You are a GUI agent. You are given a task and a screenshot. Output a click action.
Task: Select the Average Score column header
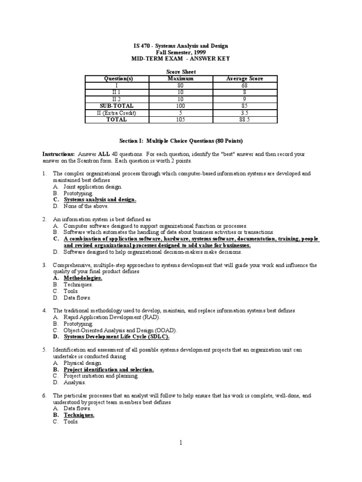(x=245, y=79)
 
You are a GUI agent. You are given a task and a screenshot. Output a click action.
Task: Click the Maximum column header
(x=181, y=79)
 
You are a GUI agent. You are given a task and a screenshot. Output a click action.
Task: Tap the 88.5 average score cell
(x=245, y=120)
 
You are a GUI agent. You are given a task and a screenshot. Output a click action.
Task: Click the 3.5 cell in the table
(x=245, y=113)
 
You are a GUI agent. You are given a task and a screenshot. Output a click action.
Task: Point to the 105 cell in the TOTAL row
(x=181, y=120)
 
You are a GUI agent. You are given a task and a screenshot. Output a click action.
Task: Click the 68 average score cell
(x=245, y=86)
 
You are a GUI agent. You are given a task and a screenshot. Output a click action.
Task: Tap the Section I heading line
(x=181, y=141)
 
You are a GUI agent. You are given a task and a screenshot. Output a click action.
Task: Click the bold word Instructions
(x=58, y=154)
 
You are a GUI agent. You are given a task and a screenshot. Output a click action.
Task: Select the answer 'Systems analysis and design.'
(x=100, y=200)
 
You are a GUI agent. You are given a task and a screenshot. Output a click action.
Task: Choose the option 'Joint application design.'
(x=93, y=187)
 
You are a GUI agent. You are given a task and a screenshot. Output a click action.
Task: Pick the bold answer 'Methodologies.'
(x=83, y=278)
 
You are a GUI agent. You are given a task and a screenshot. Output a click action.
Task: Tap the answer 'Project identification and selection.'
(x=109, y=370)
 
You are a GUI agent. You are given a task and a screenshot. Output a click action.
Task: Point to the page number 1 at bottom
(x=181, y=442)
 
